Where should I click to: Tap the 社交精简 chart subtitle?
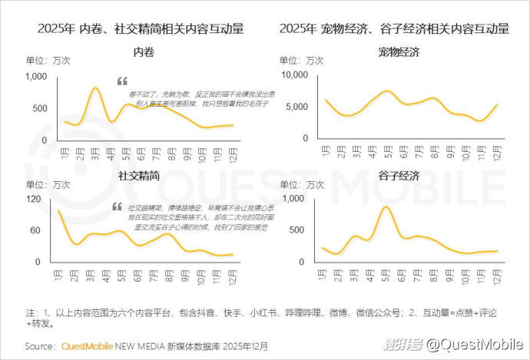tap(140, 176)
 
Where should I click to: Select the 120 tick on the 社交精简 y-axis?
tap(34, 200)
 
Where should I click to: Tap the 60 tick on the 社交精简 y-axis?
tap(36, 231)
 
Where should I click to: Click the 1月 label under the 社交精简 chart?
tap(58, 274)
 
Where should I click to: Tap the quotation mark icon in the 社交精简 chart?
tap(117, 206)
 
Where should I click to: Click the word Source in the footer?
tap(41, 346)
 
